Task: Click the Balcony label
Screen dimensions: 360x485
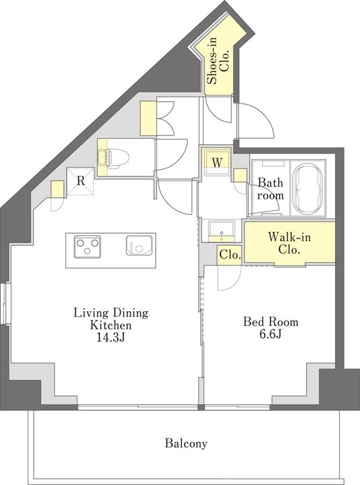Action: [x=185, y=443]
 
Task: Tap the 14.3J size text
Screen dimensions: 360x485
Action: [x=111, y=337]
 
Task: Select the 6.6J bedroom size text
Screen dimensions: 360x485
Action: [x=270, y=334]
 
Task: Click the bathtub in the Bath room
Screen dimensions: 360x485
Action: [x=307, y=189]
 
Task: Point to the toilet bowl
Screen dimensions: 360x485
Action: [x=118, y=158]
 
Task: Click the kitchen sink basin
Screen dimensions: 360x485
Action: [x=140, y=245]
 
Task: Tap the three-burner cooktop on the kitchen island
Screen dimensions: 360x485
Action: [x=87, y=246]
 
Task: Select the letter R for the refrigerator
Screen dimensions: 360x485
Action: [x=80, y=181]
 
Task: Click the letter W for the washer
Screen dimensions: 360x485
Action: [x=217, y=162]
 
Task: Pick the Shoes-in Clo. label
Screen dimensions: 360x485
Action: [x=219, y=61]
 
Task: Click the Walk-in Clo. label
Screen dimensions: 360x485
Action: [x=289, y=243]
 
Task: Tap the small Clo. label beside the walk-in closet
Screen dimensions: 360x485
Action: [x=230, y=255]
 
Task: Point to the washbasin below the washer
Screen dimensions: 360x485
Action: [x=222, y=231]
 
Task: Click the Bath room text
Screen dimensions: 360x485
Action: [x=270, y=189]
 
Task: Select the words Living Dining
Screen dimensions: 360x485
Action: [x=111, y=313]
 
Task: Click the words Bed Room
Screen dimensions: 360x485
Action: [x=270, y=322]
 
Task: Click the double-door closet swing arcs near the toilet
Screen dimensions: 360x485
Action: [x=167, y=119]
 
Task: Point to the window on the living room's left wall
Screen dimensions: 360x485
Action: [x=5, y=303]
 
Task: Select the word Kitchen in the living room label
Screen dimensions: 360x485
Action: [x=111, y=325]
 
